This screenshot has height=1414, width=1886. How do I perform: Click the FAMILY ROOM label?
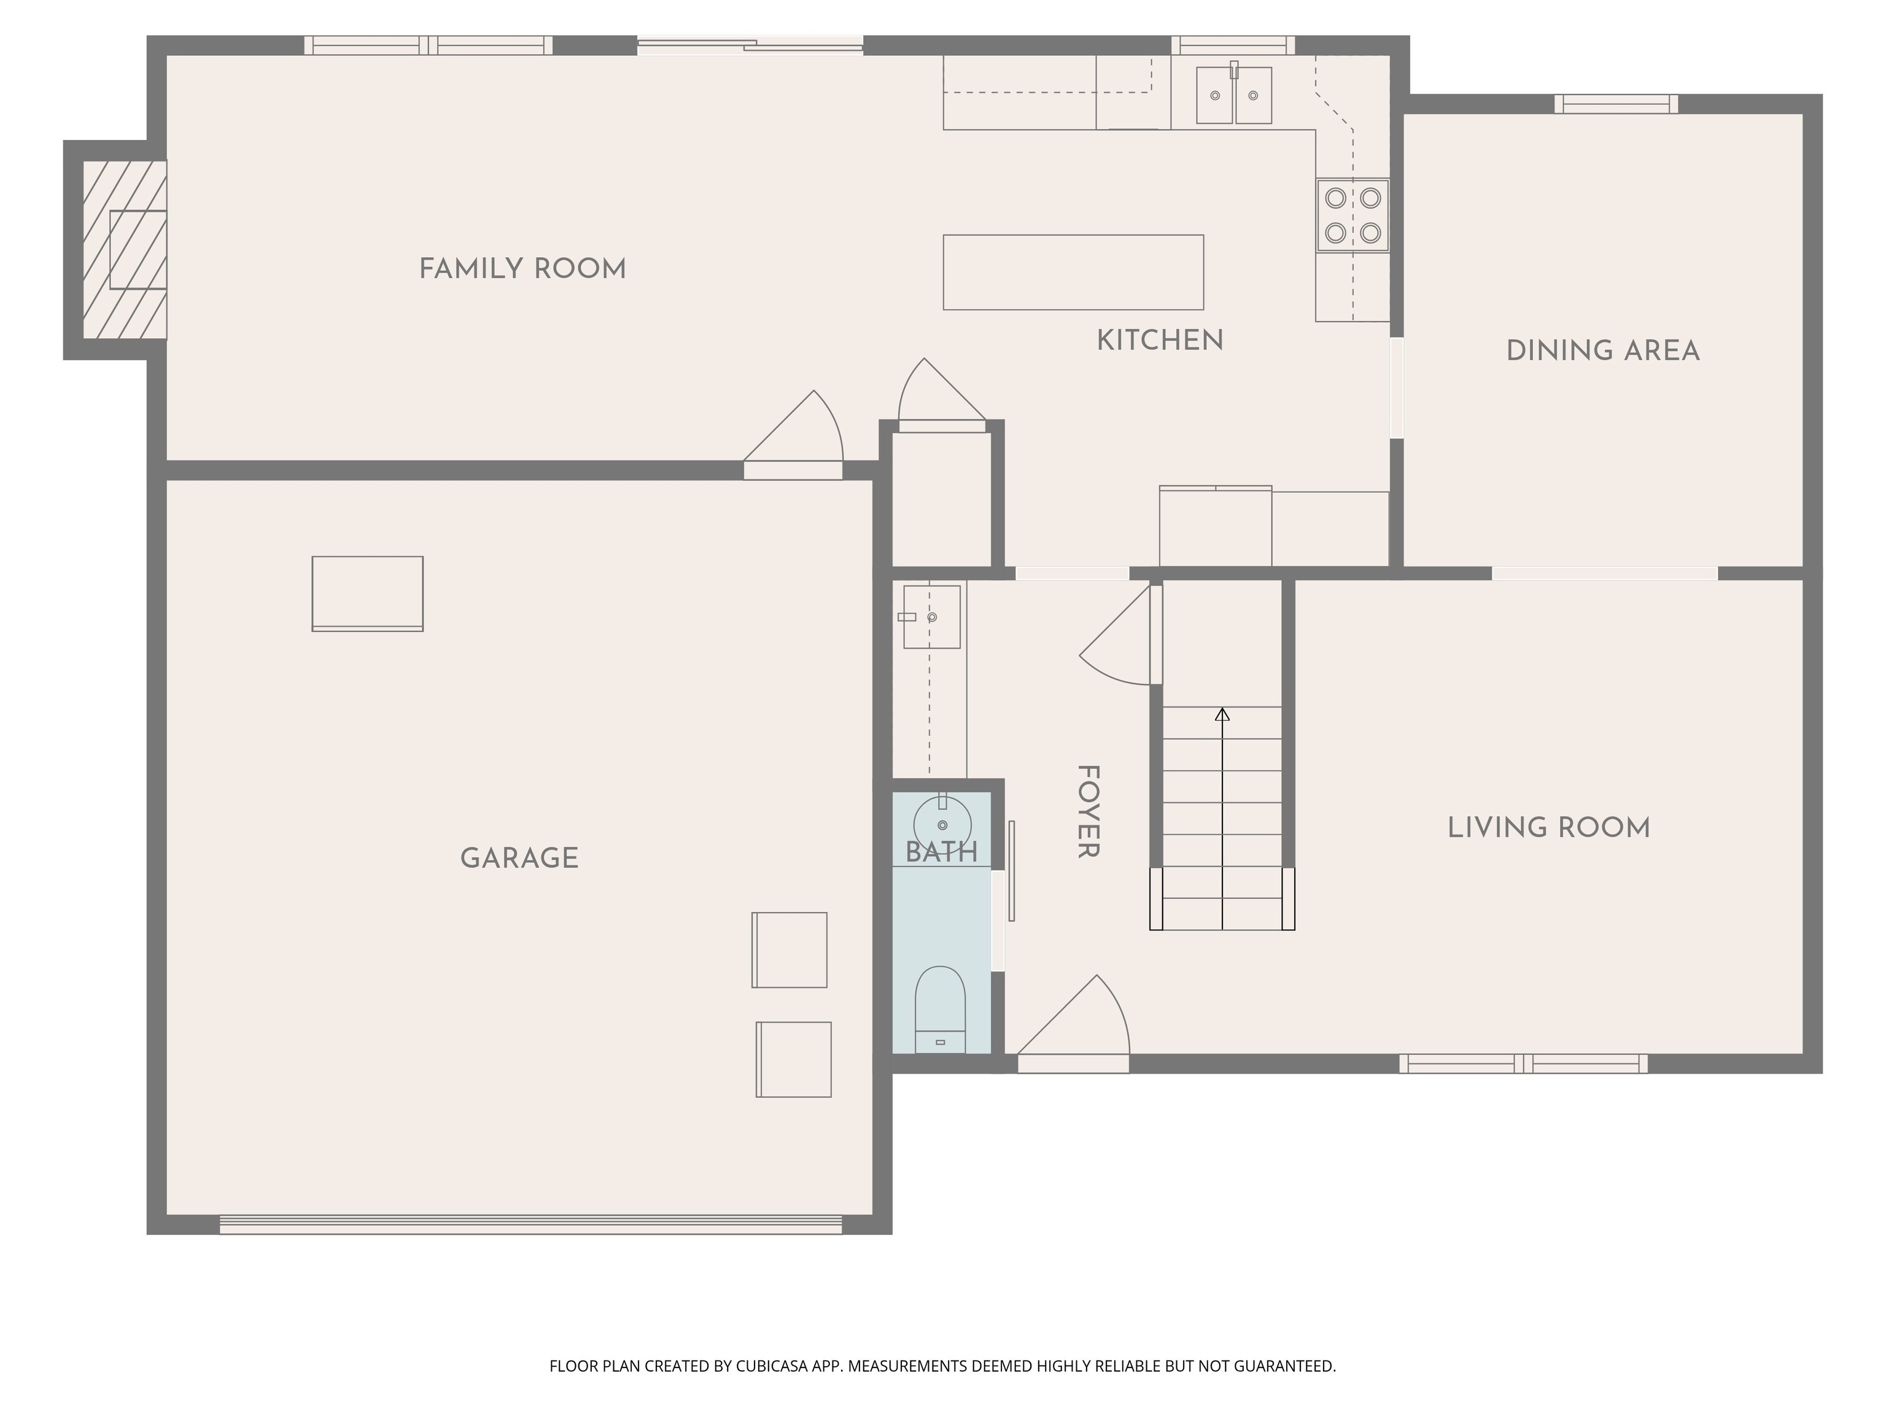[522, 269]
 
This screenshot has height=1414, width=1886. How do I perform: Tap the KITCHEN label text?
[1160, 341]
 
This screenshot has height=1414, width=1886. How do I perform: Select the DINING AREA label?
[1603, 351]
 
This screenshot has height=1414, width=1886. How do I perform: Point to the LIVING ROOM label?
[1548, 828]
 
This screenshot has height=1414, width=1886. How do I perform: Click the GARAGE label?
[519, 859]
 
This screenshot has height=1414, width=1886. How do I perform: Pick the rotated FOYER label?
[1088, 811]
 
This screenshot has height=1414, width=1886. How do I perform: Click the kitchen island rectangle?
[1073, 272]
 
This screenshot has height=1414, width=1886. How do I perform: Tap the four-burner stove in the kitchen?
[1352, 215]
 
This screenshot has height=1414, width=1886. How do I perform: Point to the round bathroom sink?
[942, 824]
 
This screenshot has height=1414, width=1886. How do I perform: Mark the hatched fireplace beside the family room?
[125, 250]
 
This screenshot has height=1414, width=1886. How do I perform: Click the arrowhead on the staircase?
[1223, 714]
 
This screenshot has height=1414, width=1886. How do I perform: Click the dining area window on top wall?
[1616, 104]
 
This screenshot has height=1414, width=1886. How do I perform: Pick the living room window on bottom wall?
[1523, 1064]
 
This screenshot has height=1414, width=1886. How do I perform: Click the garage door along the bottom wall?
[530, 1225]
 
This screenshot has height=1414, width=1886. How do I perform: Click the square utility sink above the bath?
[932, 616]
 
